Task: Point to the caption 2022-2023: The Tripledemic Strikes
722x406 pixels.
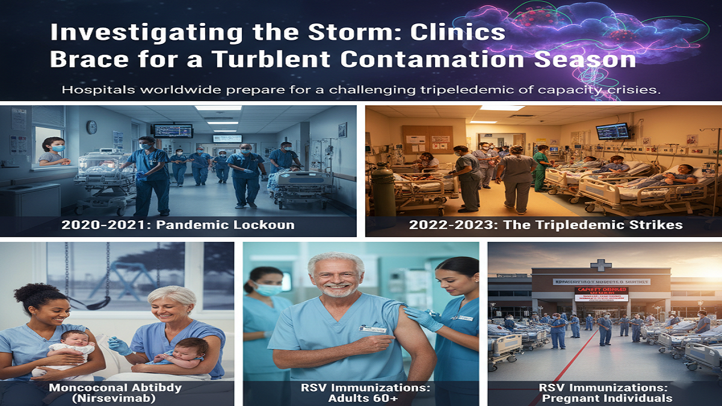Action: tap(546, 226)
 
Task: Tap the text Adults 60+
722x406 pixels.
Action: tap(361, 398)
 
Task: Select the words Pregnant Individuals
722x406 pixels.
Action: tap(605, 398)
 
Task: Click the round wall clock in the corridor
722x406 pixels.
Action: tap(91, 127)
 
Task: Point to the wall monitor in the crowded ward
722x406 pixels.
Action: tap(612, 132)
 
